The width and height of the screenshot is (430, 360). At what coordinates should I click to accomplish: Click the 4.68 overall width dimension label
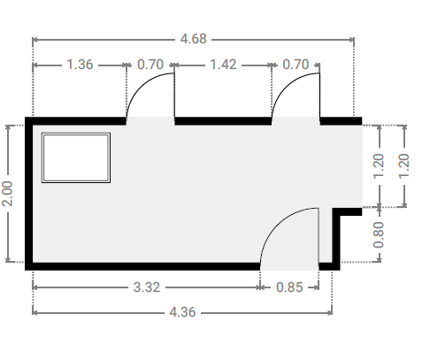[193, 39]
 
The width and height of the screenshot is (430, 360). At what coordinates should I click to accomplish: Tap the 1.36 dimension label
[80, 65]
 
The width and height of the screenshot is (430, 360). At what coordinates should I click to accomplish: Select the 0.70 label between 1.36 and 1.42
[150, 65]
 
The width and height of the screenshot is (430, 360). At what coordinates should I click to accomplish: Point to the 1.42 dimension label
[223, 65]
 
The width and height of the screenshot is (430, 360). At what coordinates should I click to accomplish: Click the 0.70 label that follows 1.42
[296, 65]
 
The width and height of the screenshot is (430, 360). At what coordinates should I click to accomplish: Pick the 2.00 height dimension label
[7, 194]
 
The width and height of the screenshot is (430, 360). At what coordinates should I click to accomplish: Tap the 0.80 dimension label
[379, 235]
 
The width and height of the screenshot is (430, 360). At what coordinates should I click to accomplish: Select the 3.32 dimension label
[147, 287]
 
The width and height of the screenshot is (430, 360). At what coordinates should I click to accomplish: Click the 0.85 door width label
[289, 287]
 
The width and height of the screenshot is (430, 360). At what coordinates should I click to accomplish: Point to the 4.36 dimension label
[182, 312]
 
